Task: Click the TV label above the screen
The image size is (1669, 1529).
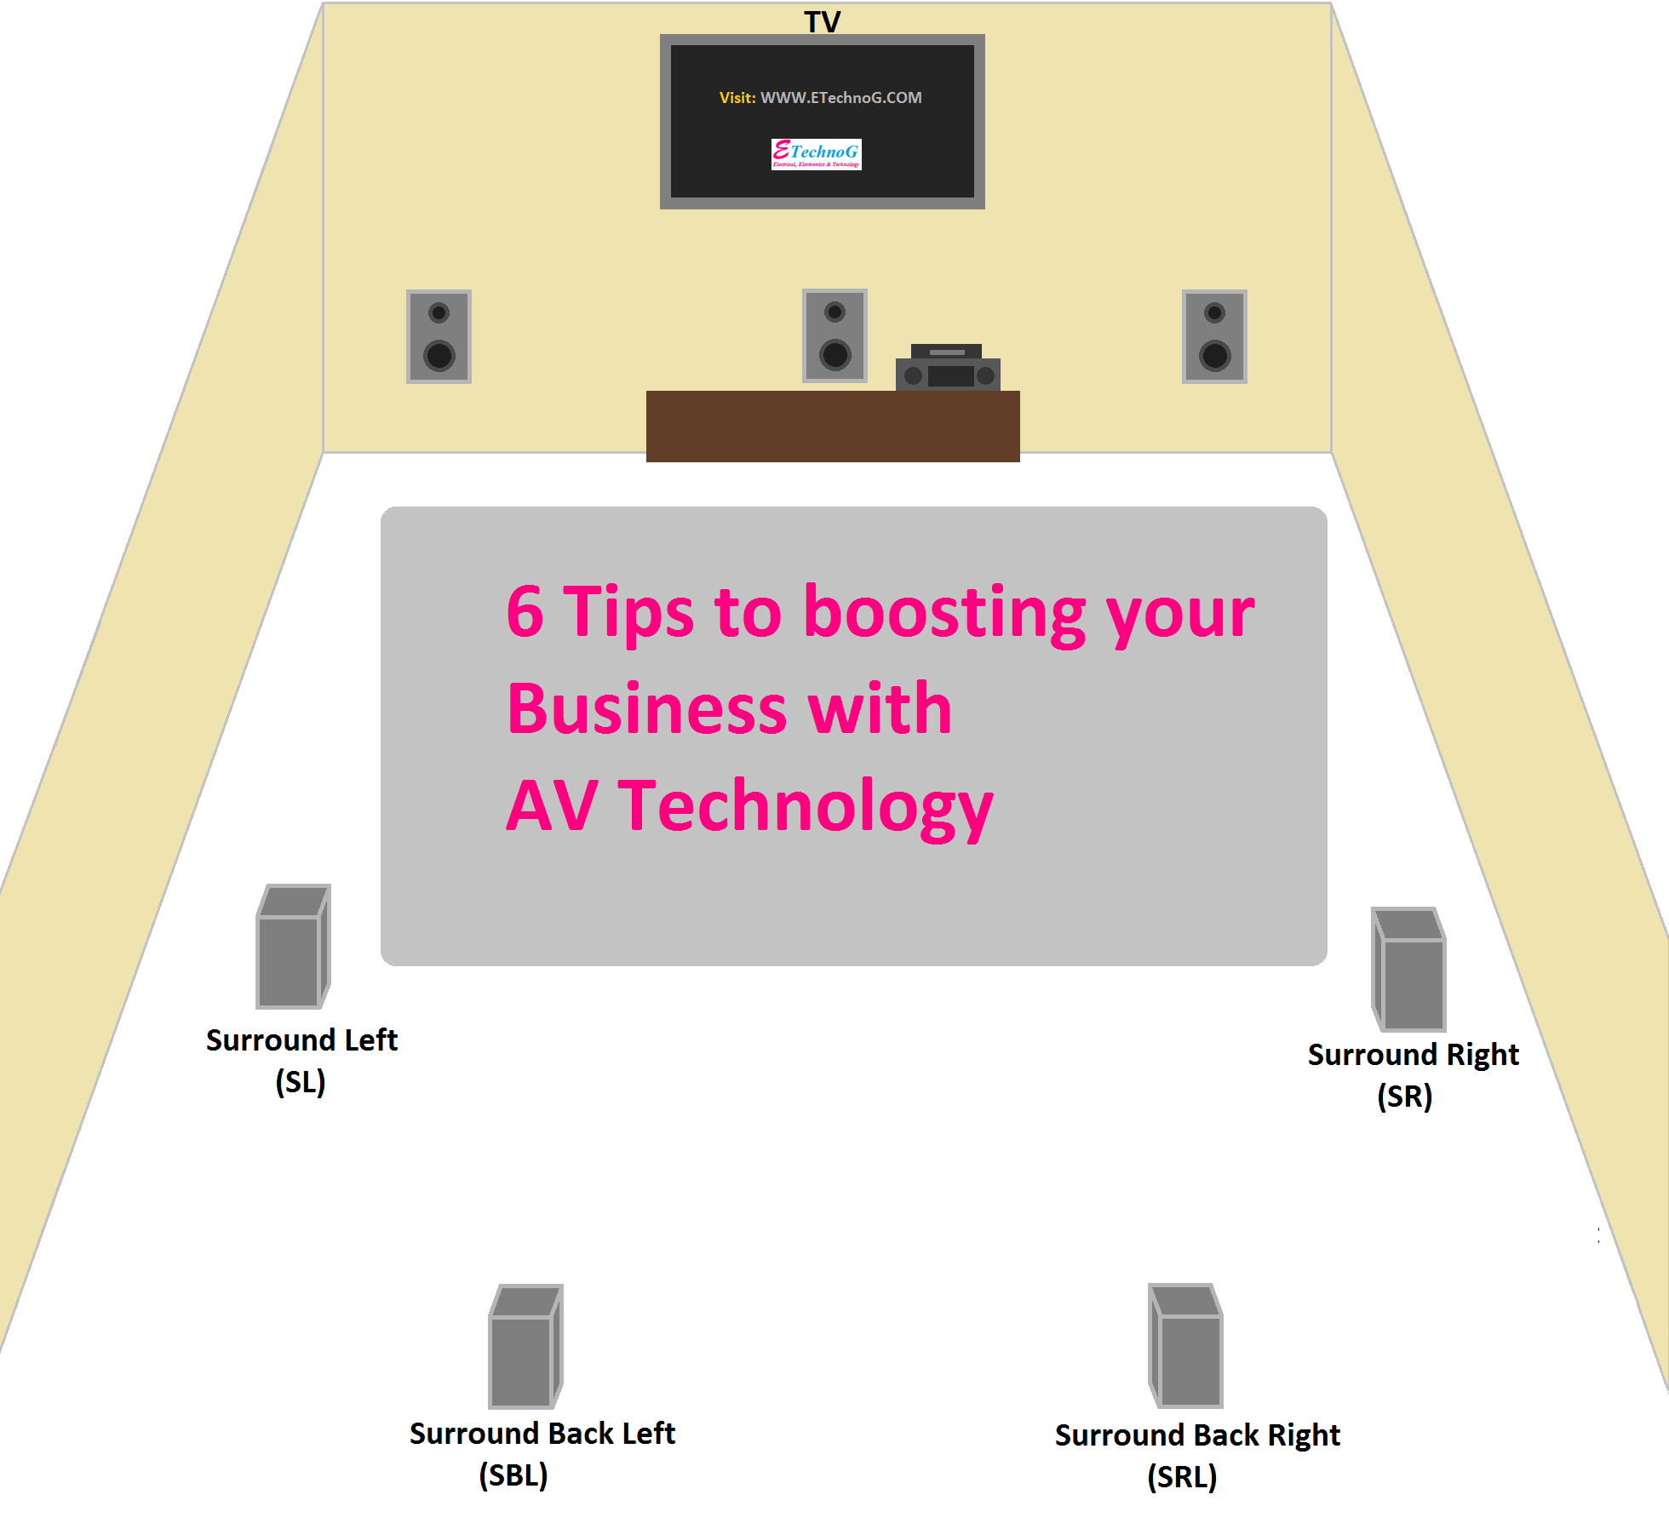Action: (x=822, y=21)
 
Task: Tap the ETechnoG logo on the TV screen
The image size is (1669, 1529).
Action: (x=816, y=154)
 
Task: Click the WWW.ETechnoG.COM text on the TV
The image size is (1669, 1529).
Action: (x=840, y=98)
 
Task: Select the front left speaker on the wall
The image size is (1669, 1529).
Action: (x=439, y=336)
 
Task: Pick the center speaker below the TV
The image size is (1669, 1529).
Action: (x=834, y=335)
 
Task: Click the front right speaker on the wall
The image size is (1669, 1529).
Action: (x=1214, y=336)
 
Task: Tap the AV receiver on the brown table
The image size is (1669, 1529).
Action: (x=948, y=368)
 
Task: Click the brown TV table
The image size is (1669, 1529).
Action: (x=833, y=427)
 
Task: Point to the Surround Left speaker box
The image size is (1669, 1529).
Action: (x=292, y=947)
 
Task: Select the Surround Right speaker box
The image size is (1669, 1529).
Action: (x=1409, y=970)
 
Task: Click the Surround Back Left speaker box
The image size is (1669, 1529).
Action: (x=525, y=1347)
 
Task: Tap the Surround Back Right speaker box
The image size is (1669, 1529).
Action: (x=1186, y=1346)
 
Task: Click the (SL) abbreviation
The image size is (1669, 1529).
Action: (x=301, y=1082)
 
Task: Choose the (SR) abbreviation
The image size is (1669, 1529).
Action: (x=1404, y=1097)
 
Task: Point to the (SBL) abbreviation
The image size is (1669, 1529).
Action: (x=513, y=1475)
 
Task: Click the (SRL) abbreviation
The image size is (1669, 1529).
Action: (x=1182, y=1477)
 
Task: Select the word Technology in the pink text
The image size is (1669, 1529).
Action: (x=805, y=806)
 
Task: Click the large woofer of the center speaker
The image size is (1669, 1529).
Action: (x=834, y=354)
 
